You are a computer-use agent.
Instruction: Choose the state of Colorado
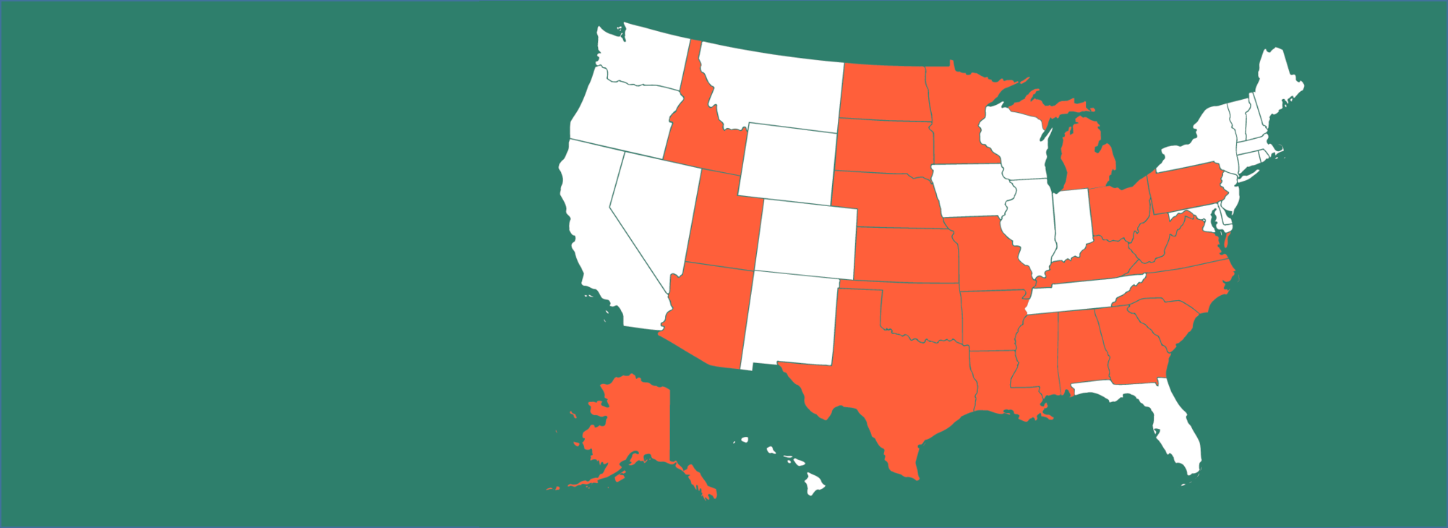[806, 239]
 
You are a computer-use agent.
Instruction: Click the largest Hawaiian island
[815, 484]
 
